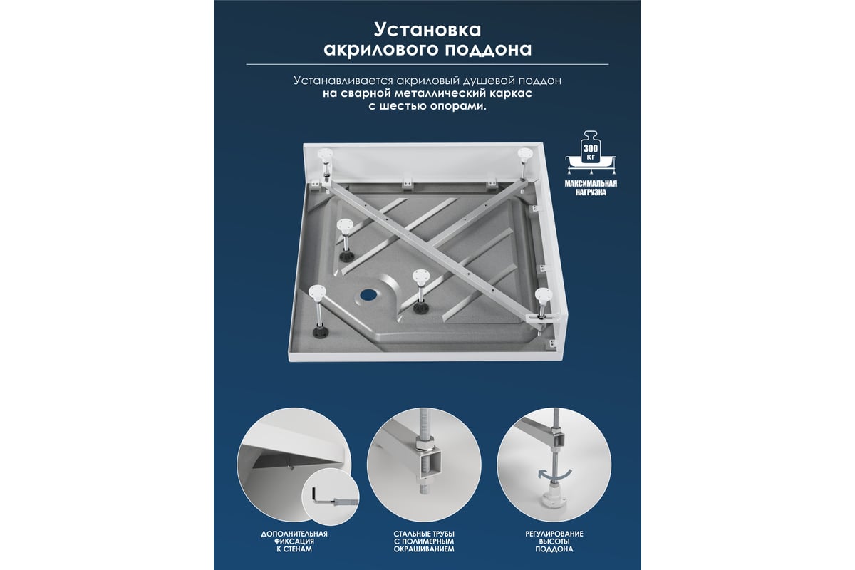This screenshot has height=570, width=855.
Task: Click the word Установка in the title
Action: click(427, 30)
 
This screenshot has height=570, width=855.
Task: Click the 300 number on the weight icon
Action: click(591, 148)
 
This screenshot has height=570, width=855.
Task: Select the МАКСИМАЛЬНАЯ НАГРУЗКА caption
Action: click(591, 188)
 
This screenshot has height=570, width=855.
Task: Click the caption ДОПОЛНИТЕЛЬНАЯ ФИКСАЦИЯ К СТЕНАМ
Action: click(294, 541)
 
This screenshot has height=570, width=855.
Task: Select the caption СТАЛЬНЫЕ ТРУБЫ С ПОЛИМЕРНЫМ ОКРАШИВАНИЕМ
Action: click(424, 541)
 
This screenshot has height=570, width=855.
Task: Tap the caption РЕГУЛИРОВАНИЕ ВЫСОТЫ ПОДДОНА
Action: click(554, 541)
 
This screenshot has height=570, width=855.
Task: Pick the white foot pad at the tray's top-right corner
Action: click(524, 153)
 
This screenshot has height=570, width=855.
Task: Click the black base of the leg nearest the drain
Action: click(420, 307)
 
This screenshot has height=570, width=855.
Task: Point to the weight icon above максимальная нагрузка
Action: click(591, 152)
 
